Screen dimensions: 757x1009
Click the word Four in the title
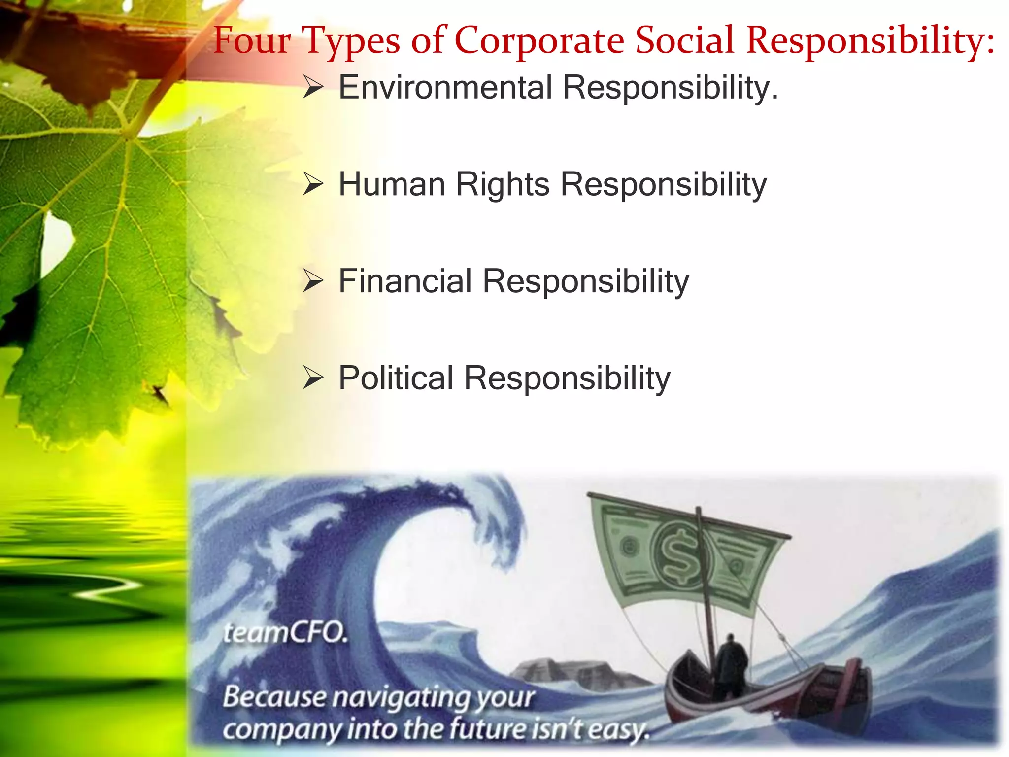pyautogui.click(x=252, y=40)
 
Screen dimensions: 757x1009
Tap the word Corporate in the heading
pyautogui.click(x=539, y=40)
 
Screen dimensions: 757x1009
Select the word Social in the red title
pyautogui.click(x=684, y=40)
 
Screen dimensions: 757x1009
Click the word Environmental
pyautogui.click(x=445, y=88)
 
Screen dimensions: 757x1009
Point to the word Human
pyautogui.click(x=392, y=184)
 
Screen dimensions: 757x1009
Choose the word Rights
pyautogui.click(x=503, y=184)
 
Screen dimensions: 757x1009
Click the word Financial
pyautogui.click(x=405, y=281)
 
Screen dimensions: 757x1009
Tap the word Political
pyautogui.click(x=396, y=378)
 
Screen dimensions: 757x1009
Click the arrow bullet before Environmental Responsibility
pyautogui.click(x=313, y=88)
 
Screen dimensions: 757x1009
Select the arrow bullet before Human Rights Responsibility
pyautogui.click(x=313, y=185)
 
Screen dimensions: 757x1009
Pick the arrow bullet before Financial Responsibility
pyautogui.click(x=313, y=281)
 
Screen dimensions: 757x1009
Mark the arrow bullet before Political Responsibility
pyautogui.click(x=313, y=378)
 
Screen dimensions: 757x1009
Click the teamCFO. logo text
pyautogui.click(x=285, y=633)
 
